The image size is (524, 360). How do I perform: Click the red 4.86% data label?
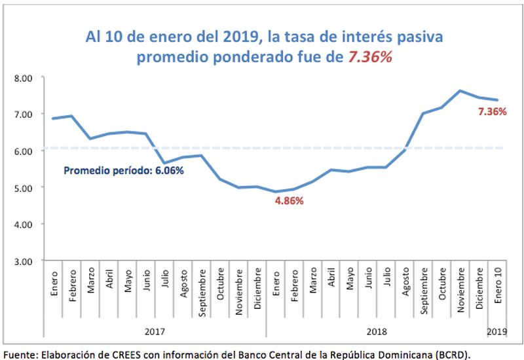290,201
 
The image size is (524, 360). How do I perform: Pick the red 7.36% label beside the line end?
493,112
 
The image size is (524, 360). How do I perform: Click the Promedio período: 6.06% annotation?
123,171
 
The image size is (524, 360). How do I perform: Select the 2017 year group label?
155,332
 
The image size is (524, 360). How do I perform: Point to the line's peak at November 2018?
460,91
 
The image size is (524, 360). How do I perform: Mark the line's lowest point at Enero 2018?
277,192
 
